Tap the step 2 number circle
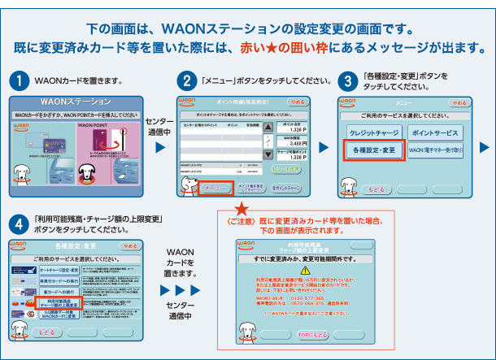click(x=186, y=82)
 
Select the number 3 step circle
click(x=347, y=82)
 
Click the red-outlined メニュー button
click(x=215, y=188)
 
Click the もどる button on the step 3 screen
click(x=376, y=189)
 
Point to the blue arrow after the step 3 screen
click(x=484, y=147)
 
